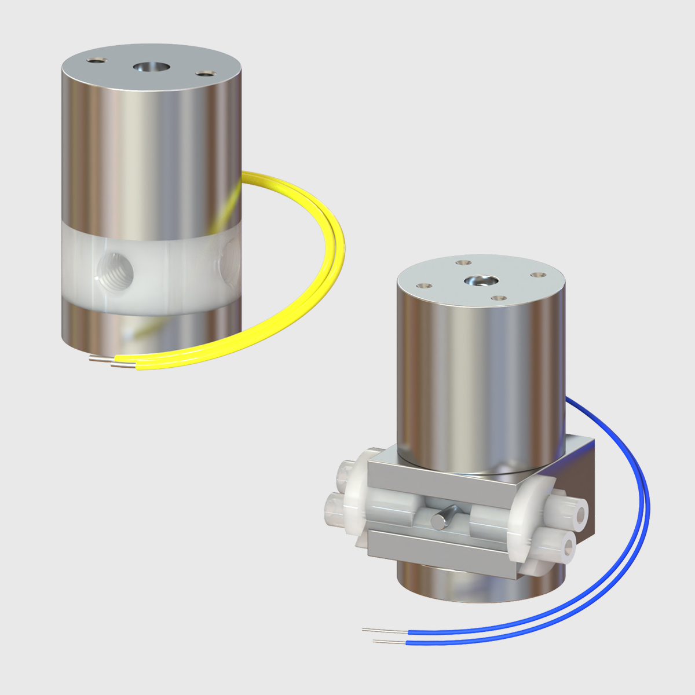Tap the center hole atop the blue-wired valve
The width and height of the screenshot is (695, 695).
tap(479, 281)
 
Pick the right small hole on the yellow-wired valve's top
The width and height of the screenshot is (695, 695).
tap(205, 74)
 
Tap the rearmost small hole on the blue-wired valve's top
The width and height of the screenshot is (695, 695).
tap(462, 262)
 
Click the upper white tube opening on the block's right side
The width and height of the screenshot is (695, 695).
tap(577, 511)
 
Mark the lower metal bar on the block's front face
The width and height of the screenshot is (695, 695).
tap(440, 550)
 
